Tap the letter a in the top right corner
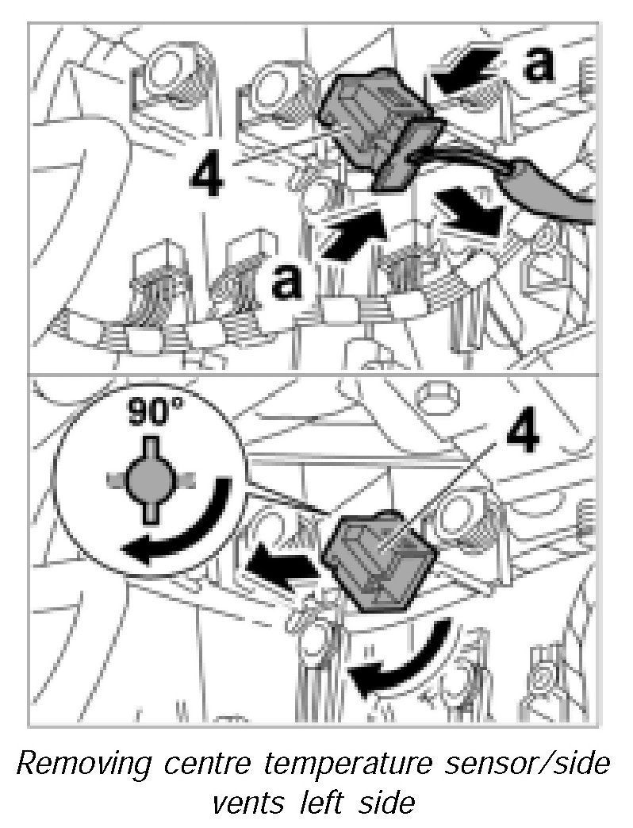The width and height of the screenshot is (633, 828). [539, 64]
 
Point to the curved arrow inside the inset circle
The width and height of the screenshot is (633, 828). [187, 528]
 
